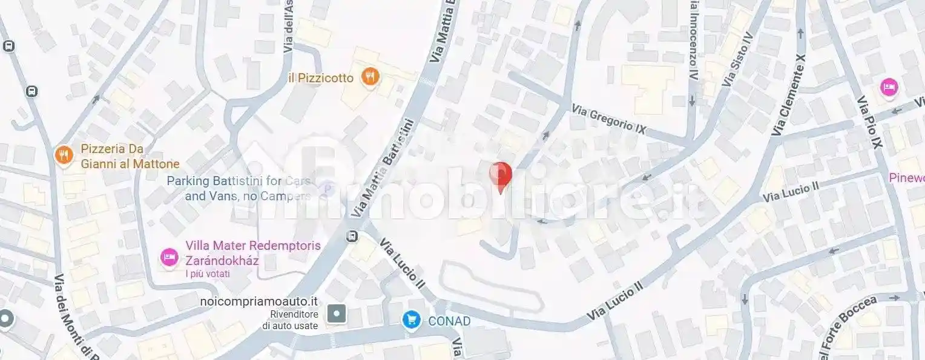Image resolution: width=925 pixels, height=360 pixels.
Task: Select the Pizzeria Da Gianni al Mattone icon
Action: pos(63,155)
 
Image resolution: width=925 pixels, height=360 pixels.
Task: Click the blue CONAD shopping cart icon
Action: pos(412,320)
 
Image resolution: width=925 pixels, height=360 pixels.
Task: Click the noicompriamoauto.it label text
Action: pos(259,301)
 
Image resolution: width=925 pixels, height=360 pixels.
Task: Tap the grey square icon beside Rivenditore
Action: pos(337,313)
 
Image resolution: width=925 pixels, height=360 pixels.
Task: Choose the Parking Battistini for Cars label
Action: pos(239,181)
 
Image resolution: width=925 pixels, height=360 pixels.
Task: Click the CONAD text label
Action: pos(449,321)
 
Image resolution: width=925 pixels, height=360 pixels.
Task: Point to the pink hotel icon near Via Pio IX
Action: pos(889,87)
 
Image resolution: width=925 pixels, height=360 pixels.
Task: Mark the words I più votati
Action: pos(208,274)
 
